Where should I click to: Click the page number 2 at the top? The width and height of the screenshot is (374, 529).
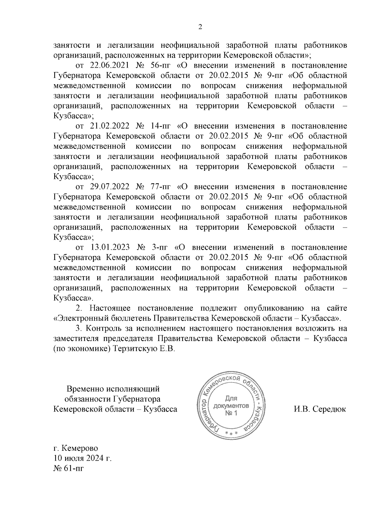200,27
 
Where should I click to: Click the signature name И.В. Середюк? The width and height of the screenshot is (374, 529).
320,409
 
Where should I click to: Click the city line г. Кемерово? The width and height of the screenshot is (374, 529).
76,448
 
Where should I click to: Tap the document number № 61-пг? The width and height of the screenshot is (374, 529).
69,468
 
